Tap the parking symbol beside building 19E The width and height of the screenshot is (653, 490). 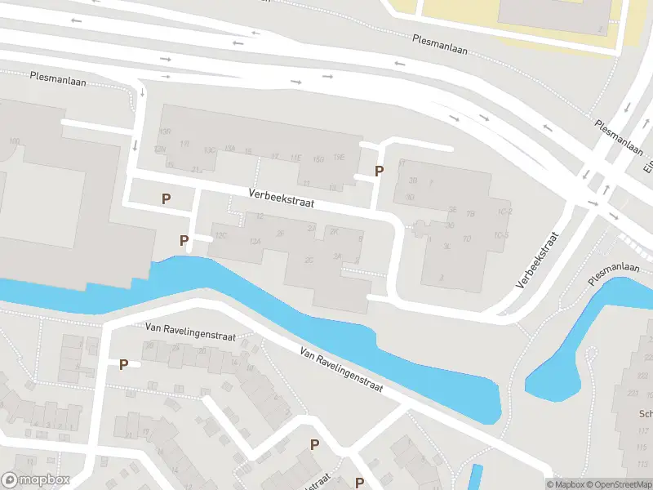tap(379, 171)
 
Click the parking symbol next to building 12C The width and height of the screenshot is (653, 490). tap(184, 241)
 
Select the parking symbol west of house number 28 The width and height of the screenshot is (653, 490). tap(123, 364)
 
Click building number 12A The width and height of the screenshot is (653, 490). tap(255, 242)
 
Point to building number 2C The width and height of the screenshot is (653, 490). tap(309, 260)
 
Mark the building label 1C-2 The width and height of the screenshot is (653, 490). tap(504, 212)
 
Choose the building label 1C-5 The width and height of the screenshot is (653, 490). tap(501, 236)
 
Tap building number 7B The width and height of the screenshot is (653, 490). tap(470, 214)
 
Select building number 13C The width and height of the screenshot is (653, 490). tap(210, 150)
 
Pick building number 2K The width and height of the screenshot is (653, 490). tap(334, 232)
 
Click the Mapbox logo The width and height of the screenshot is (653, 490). tap(36, 480)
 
